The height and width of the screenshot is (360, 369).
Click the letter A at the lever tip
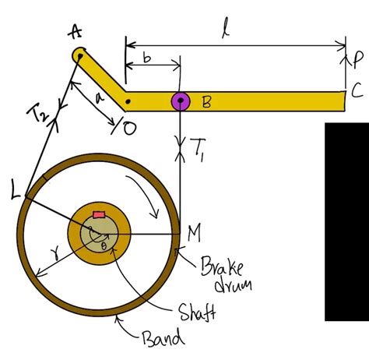tap(76, 31)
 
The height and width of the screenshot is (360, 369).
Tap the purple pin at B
tap(181, 101)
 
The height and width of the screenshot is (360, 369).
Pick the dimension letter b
tap(149, 57)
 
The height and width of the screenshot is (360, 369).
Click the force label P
tap(357, 59)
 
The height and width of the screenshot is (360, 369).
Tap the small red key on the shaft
tap(98, 214)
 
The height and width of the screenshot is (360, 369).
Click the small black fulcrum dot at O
tap(128, 101)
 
